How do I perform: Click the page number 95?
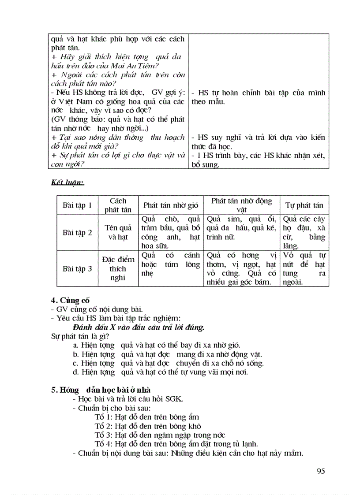point(321,471)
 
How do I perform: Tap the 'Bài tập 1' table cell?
point(77,205)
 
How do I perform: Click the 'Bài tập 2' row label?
point(77,233)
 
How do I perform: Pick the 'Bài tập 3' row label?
point(77,268)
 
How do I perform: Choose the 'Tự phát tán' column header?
point(304,205)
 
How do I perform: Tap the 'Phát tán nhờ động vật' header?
point(241,205)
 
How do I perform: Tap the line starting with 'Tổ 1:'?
point(147,417)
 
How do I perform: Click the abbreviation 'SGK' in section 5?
point(175,399)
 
